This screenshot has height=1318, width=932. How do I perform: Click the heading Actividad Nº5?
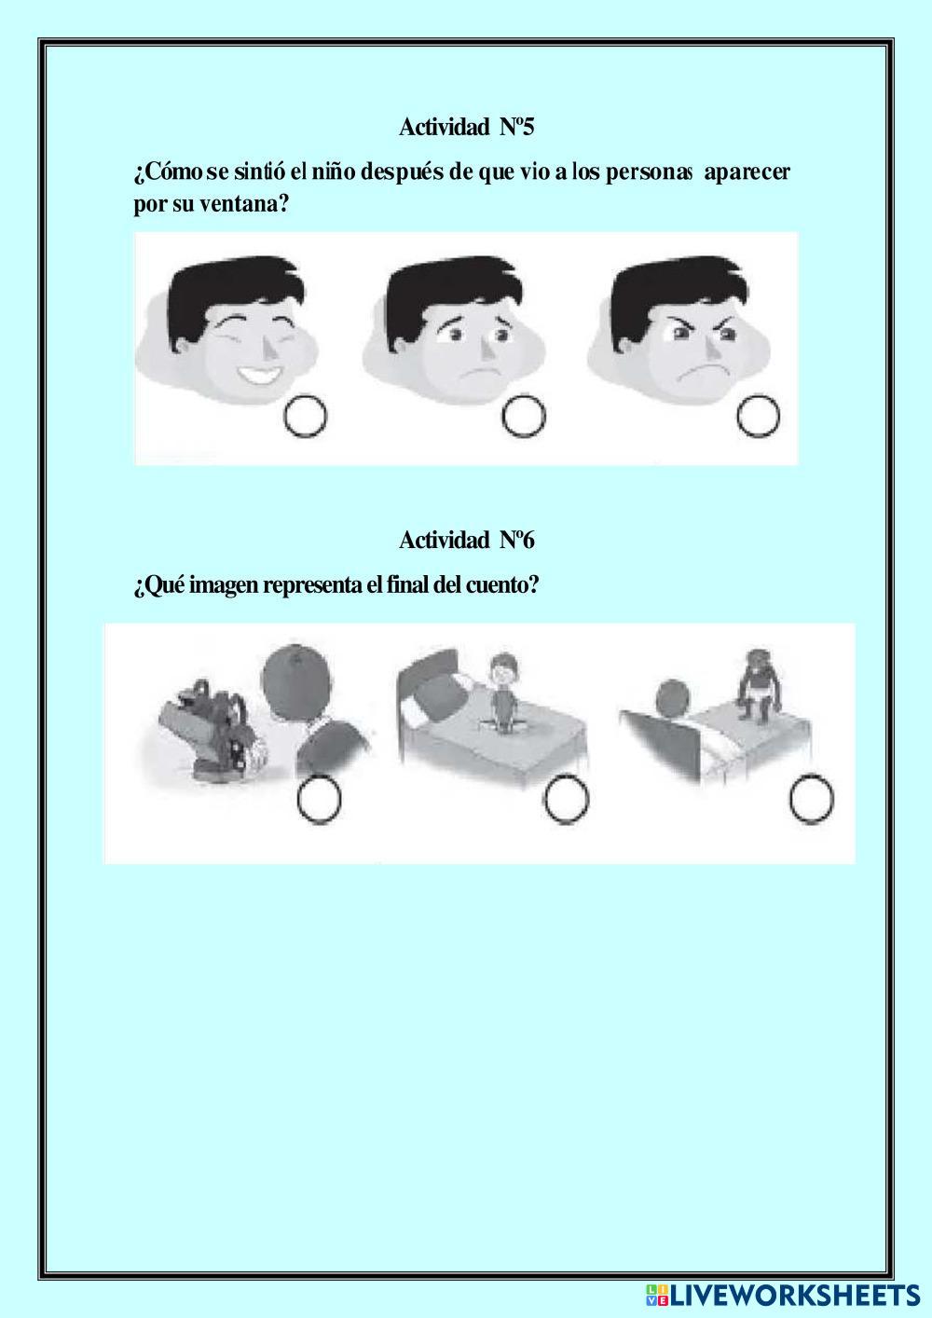(x=467, y=127)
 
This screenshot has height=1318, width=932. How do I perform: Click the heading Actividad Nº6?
(x=467, y=540)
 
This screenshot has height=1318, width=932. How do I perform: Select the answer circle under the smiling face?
(x=306, y=416)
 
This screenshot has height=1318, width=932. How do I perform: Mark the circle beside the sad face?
(x=524, y=416)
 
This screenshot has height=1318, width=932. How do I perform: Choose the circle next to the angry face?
(x=759, y=416)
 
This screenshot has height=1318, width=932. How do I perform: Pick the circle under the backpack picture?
(x=319, y=800)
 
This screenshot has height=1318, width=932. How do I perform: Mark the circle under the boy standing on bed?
(x=566, y=799)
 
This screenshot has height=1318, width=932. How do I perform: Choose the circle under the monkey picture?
(x=812, y=799)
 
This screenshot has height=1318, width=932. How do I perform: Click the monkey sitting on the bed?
(x=760, y=684)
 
